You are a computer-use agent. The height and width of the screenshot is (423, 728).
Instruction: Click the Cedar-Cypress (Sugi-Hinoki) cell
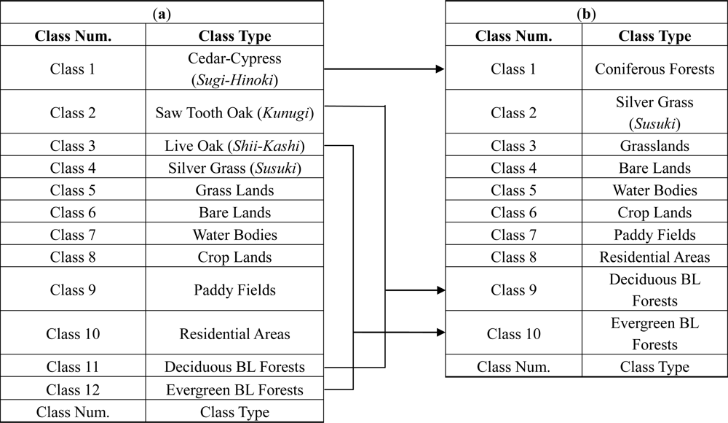pos(234,69)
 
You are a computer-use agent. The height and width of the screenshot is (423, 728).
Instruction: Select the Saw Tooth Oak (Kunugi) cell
pos(234,112)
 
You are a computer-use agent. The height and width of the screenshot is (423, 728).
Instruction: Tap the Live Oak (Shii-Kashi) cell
pos(234,146)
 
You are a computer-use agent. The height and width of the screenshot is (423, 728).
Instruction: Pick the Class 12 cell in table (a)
pos(73,389)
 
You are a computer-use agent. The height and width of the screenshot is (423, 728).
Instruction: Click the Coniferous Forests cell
pos(654,69)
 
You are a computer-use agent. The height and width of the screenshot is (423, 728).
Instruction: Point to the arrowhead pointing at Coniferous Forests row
pos(440,69)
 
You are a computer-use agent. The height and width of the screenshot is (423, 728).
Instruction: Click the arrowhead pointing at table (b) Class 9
pos(440,290)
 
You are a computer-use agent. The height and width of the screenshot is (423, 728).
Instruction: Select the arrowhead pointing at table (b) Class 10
pos(440,333)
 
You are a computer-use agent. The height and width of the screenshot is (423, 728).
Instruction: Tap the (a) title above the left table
pos(162,12)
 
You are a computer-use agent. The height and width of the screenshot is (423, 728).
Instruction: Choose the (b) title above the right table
pos(586,12)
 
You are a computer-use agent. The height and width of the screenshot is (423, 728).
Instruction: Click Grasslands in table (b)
pos(654,146)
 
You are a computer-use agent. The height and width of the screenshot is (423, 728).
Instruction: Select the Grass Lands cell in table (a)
pos(234,190)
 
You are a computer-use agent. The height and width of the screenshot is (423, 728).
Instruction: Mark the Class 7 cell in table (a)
pos(73,235)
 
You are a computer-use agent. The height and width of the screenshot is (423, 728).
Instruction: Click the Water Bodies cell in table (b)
pos(654,190)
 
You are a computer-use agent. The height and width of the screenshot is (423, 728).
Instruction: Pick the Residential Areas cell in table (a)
pos(234,334)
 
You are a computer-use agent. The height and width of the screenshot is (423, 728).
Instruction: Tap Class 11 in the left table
pos(73,367)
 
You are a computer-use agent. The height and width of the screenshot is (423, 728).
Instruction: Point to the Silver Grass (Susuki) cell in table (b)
pos(654,112)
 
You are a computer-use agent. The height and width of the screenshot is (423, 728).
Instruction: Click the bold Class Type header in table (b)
pos(654,36)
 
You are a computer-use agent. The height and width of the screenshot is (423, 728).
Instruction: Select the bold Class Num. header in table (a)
pos(73,36)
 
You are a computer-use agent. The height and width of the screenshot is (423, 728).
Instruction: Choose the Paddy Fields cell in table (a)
pos(234,290)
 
